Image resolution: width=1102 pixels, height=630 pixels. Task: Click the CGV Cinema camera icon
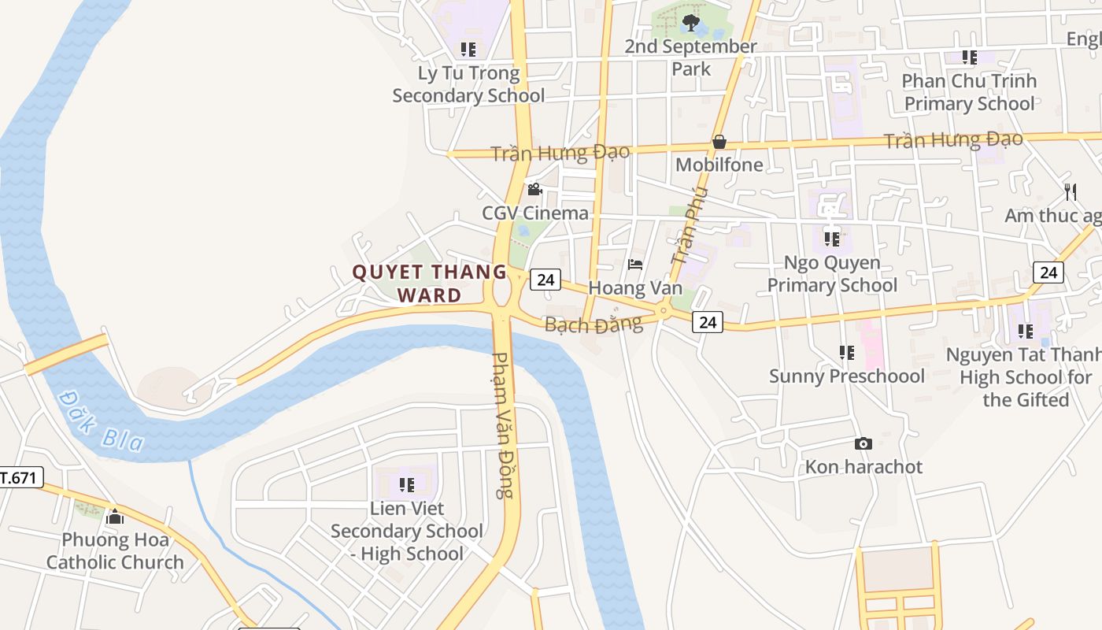pos(534,190)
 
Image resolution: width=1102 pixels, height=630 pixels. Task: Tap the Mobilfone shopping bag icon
pos(719,143)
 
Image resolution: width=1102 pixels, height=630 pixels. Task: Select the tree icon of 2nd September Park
pos(691,23)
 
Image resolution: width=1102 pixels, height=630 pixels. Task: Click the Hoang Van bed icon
pos(635,265)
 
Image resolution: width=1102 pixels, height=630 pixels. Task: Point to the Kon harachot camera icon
pos(863,444)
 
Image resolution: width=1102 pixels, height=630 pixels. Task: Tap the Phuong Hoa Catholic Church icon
pos(115,517)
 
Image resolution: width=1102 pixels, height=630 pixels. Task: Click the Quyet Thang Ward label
pos(429,283)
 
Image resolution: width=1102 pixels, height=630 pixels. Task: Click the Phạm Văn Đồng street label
pos(503,425)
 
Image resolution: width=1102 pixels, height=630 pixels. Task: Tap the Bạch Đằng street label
pos(594,324)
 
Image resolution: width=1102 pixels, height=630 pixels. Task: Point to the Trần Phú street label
pos(690,225)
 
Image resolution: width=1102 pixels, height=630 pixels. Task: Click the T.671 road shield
pos(19,477)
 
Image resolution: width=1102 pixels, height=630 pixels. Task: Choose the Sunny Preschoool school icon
pos(847,353)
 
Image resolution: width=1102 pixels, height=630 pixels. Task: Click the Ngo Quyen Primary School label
pos(832,273)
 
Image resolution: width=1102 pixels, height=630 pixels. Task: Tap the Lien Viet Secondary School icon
pos(406,485)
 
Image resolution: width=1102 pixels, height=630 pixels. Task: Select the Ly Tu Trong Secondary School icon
pos(468,50)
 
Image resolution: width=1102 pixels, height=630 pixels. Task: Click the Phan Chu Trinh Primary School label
pos(969,92)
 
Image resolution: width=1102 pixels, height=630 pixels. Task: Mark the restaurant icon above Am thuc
pos(1070,191)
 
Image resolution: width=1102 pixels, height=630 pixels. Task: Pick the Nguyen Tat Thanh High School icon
pos(1025,332)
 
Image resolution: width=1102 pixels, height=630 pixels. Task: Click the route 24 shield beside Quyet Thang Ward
pos(545,279)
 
